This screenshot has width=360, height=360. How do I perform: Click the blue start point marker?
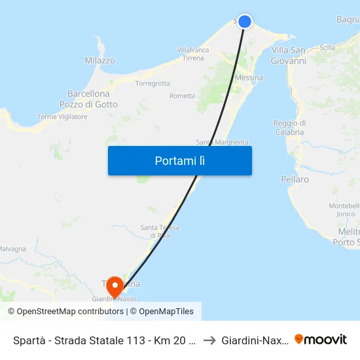[x=245, y=22]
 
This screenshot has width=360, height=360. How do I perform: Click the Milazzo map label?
[x=99, y=61]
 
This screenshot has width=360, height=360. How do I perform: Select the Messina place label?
[x=249, y=78]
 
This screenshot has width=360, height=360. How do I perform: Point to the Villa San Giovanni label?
[x=289, y=56]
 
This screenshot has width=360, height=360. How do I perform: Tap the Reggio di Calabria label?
[x=289, y=128]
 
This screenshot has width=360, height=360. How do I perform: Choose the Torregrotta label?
[x=152, y=84]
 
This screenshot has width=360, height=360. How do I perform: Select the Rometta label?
[x=182, y=96]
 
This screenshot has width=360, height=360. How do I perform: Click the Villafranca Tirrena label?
[x=193, y=54]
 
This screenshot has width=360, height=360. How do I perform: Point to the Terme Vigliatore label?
[x=62, y=117]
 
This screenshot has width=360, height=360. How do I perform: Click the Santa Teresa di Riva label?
[x=160, y=231]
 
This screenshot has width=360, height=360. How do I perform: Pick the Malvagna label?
[x=12, y=249]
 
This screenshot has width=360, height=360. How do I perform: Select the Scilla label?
[x=327, y=47]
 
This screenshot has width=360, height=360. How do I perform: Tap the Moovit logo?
[x=321, y=339]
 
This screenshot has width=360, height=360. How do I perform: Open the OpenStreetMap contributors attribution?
[x=70, y=312]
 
